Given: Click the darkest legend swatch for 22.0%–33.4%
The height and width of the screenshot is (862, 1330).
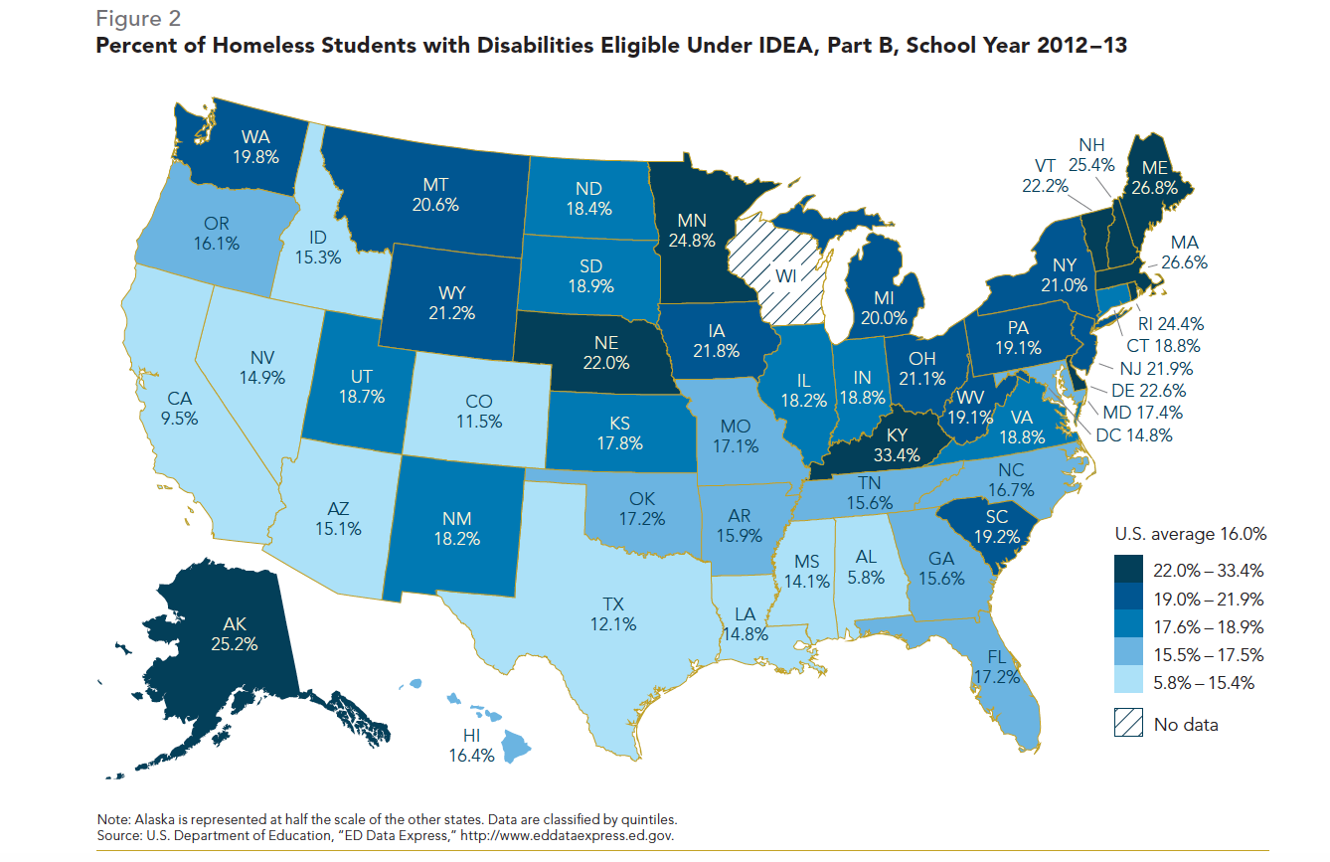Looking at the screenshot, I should pos(1130,571).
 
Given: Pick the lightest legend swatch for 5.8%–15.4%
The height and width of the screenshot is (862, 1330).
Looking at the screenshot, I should pos(1130,682).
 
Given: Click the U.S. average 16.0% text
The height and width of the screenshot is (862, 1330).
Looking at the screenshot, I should pos(1189,534).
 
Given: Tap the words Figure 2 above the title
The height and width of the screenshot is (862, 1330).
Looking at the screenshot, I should pos(138,18).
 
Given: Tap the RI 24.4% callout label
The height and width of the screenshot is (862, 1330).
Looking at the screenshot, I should pos(1170,323).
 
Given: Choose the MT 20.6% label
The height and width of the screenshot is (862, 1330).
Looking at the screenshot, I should pos(438,194).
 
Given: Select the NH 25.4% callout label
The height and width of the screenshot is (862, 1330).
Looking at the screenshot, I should pos(1097,154).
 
